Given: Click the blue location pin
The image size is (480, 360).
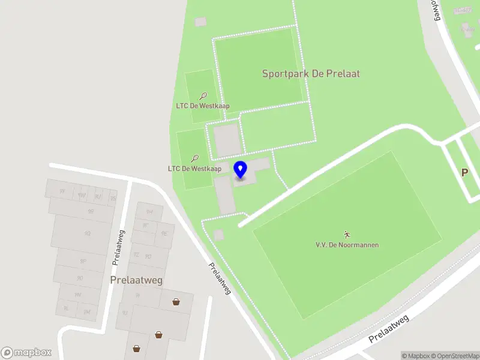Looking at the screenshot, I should [x=240, y=170].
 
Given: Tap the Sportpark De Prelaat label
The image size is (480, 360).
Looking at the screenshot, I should [x=311, y=74].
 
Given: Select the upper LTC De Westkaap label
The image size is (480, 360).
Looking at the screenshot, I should [x=203, y=106].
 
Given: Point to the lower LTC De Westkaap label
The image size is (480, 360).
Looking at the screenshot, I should [x=194, y=169].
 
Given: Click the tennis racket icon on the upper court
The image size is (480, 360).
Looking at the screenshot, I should [x=203, y=95].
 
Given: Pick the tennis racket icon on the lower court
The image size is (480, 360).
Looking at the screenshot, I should [x=195, y=158].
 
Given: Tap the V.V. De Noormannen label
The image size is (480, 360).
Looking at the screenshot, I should [x=347, y=245].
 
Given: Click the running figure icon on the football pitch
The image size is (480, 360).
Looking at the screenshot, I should [x=346, y=234].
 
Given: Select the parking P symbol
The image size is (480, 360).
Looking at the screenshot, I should [x=464, y=172].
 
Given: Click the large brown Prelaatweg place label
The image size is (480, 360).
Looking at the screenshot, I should [x=136, y=280].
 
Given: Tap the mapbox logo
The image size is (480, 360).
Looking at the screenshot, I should [x=26, y=353].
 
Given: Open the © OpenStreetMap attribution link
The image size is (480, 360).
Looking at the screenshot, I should [x=454, y=356].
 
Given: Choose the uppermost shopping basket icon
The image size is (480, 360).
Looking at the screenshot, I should [x=176, y=302].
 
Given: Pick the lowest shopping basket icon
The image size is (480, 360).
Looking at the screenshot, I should [x=137, y=348].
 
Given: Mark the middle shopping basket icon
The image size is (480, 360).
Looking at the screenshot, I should [x=158, y=335].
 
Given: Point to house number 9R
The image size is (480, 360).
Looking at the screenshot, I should [x=91, y=211].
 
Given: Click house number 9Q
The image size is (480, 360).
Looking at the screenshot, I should [x=88, y=233].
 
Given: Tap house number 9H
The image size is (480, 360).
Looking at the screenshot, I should [x=150, y=212].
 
